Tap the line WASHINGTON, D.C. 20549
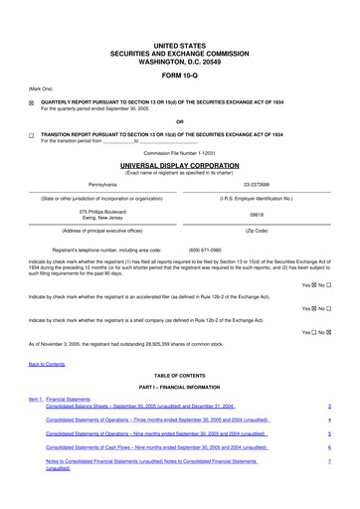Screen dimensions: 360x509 click(x=179, y=59)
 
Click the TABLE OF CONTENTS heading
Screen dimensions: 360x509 click(x=179, y=377)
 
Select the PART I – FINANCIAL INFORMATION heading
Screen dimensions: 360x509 click(x=179, y=387)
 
